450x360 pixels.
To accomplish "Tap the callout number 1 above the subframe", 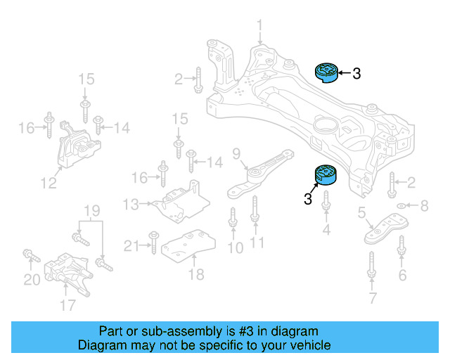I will point(259,28).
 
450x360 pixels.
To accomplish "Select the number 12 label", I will point(48,184).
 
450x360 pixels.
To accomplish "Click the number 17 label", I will point(67,305).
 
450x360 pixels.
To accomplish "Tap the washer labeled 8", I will point(400,206).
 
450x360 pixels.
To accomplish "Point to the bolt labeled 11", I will point(256,212).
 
